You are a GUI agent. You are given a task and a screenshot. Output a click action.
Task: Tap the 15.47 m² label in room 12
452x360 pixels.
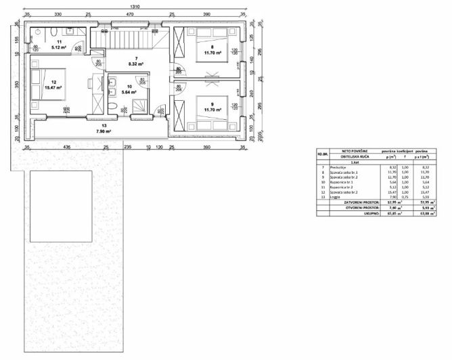pos(52,88)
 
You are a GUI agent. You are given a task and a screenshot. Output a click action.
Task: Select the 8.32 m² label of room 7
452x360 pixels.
pos(137,65)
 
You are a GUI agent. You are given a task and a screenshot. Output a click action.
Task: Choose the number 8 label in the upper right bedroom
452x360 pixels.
pos(212,47)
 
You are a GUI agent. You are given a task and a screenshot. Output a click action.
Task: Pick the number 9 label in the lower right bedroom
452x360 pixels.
pos(212,104)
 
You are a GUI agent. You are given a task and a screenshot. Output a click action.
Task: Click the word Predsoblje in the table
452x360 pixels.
pos(338,166)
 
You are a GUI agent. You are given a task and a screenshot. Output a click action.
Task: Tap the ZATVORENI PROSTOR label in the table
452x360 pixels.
pos(362,202)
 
